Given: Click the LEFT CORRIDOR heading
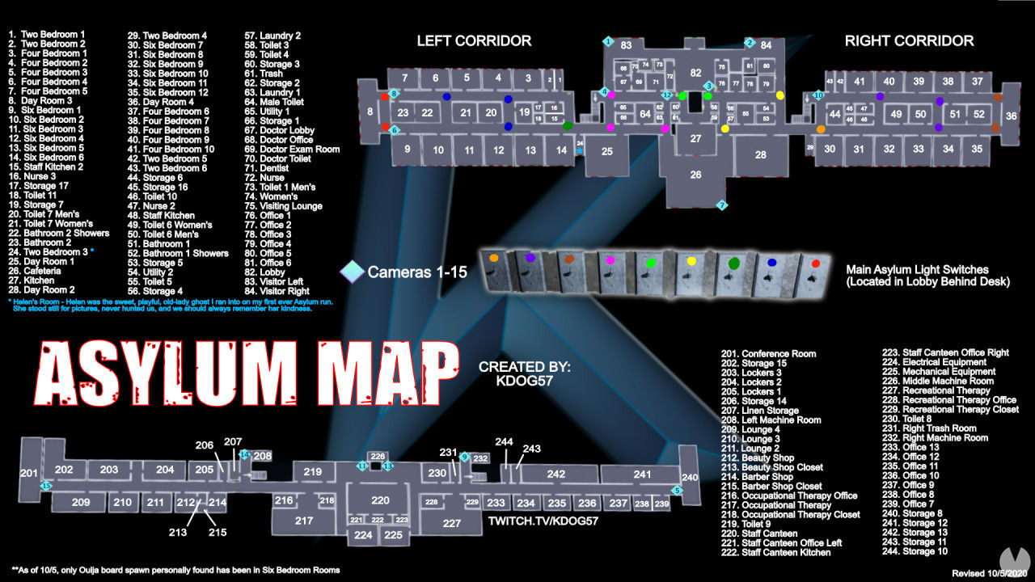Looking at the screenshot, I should point(474,40).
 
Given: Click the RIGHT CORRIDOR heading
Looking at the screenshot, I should point(909,40).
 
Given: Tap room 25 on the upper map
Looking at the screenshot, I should point(606,151).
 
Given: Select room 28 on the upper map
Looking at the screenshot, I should point(760,154).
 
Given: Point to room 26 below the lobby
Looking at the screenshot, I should point(695,175).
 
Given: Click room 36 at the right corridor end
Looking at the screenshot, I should point(1011,116).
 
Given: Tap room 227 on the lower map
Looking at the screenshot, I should point(452,523).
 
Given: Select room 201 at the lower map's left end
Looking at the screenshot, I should point(29,473).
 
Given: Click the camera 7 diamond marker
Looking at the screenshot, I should point(722,205).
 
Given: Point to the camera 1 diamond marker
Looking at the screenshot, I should point(607,40).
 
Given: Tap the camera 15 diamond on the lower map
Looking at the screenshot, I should point(46,485).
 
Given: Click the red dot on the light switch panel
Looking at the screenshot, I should point(815,264).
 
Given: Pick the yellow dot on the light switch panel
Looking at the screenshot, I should point(691,261).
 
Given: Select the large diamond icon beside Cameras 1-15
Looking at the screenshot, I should point(353,272).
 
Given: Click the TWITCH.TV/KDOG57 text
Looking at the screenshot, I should point(543,521).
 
